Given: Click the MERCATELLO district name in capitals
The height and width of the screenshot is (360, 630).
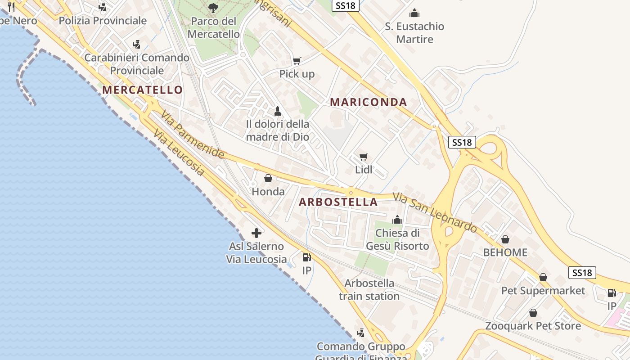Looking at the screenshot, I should coord(142,90).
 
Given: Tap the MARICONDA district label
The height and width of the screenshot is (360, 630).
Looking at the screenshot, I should coord(369,102).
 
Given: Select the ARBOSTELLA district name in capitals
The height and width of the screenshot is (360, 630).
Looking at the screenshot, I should coord(338,202).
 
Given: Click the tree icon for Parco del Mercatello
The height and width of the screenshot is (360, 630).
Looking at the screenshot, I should coord(213,8).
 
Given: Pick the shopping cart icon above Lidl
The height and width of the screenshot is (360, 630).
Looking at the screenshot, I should coord(364,157).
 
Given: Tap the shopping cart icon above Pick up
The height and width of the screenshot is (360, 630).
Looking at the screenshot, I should coord(297,61).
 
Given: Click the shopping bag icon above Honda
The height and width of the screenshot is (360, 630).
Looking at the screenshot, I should coord(268,179).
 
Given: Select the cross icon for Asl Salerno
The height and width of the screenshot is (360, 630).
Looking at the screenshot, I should coord(256,233).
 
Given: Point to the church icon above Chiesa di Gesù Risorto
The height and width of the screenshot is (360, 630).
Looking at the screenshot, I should coord(397,220).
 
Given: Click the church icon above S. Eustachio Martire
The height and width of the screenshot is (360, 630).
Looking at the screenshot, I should coord(414,13).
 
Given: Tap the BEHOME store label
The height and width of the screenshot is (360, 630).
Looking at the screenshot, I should coord(505,252).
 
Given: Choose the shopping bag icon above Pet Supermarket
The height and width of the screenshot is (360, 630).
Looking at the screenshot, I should coord(543,277).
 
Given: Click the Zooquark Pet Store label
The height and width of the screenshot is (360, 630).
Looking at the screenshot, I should coord(533,326).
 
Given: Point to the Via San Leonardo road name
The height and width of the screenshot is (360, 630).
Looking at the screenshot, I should coord(435,213).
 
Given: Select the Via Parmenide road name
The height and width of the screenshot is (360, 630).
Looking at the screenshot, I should coord(193,135).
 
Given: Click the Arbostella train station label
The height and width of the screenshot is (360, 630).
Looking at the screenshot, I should coord(369,290).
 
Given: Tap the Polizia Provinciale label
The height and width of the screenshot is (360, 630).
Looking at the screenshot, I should coord(103,21).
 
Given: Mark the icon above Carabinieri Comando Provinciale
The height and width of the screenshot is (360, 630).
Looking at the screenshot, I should coord(137,45).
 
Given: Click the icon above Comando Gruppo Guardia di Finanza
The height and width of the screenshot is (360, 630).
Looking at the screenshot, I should coord(360,333).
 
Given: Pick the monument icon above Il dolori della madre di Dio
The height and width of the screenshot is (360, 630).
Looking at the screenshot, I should coord(278,111).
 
